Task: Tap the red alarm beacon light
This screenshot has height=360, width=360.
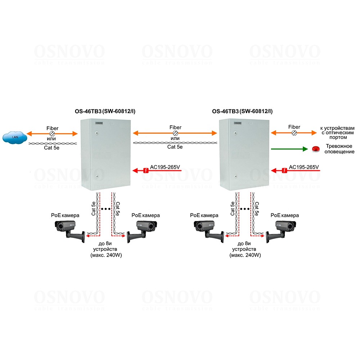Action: tap(316, 149)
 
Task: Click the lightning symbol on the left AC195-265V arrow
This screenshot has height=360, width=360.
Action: tap(145, 170)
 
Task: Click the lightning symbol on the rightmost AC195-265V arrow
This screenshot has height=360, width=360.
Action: tap(284, 170)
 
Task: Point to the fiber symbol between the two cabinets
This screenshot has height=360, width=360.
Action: tap(175, 133)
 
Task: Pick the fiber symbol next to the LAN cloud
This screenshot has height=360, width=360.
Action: tap(53, 134)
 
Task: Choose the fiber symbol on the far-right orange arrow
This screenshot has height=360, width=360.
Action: tap(294, 133)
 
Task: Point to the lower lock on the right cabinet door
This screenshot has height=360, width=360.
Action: tap(235, 177)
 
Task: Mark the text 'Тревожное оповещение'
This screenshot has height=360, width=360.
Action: tap(340, 149)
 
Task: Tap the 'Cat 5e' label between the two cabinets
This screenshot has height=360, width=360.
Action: tap(175, 147)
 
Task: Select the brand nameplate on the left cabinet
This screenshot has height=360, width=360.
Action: tap(99, 123)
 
